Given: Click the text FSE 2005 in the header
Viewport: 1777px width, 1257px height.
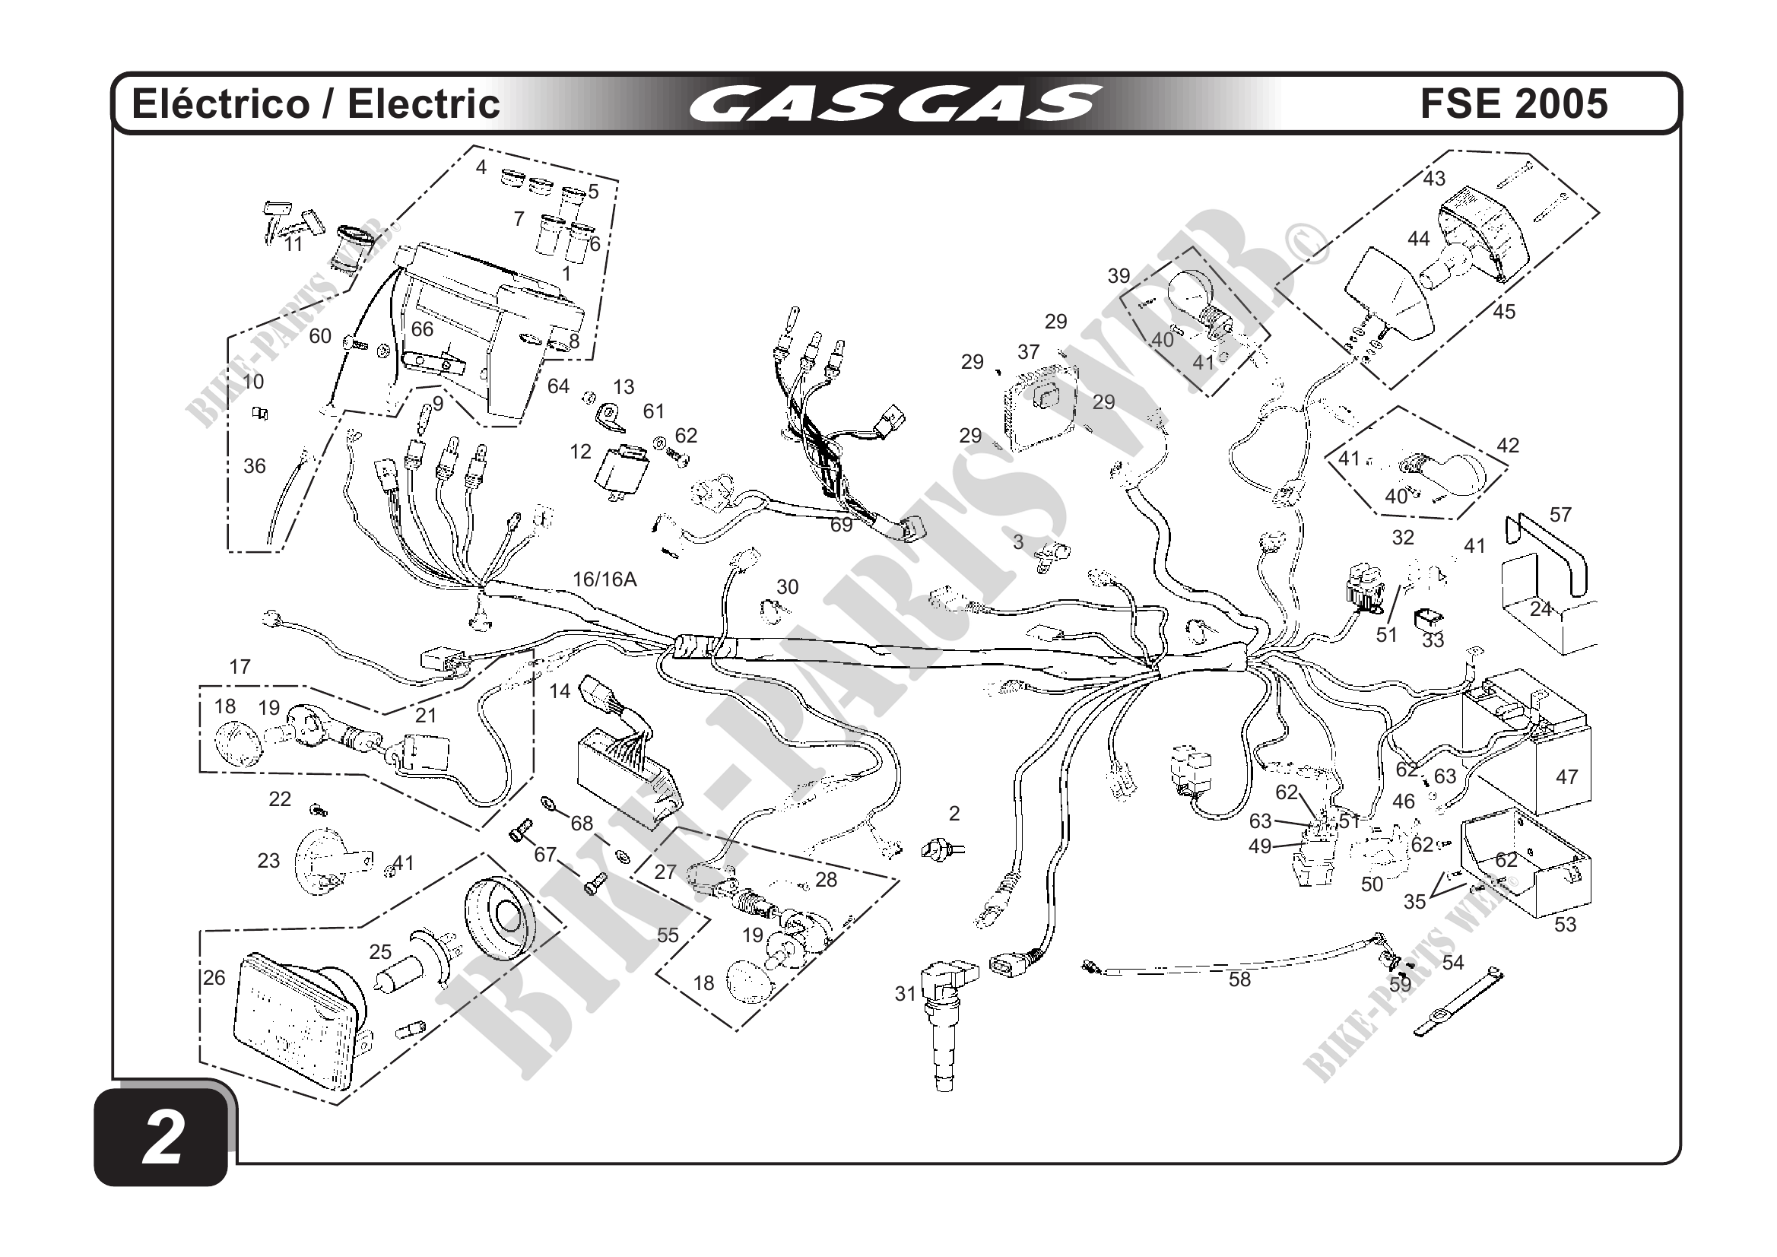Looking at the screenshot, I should point(1514,103).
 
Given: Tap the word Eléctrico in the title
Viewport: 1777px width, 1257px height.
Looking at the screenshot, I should point(221,103).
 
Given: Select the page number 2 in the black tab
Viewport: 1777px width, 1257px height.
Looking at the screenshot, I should point(163,1138).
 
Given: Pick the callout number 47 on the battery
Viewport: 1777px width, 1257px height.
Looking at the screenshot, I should point(1566,776).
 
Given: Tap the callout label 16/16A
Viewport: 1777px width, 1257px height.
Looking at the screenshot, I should point(604,579).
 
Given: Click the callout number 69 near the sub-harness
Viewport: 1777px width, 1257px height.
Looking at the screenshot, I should point(841,525).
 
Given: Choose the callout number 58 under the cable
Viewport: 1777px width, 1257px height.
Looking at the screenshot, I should point(1239,979).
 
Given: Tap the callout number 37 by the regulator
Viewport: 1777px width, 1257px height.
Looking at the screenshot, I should point(1028,352).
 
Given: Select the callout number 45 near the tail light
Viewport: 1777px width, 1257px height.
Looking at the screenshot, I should point(1503,312).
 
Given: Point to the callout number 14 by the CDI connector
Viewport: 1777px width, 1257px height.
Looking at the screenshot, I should point(560,690).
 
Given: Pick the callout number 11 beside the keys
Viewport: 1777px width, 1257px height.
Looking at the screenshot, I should point(293,244).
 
